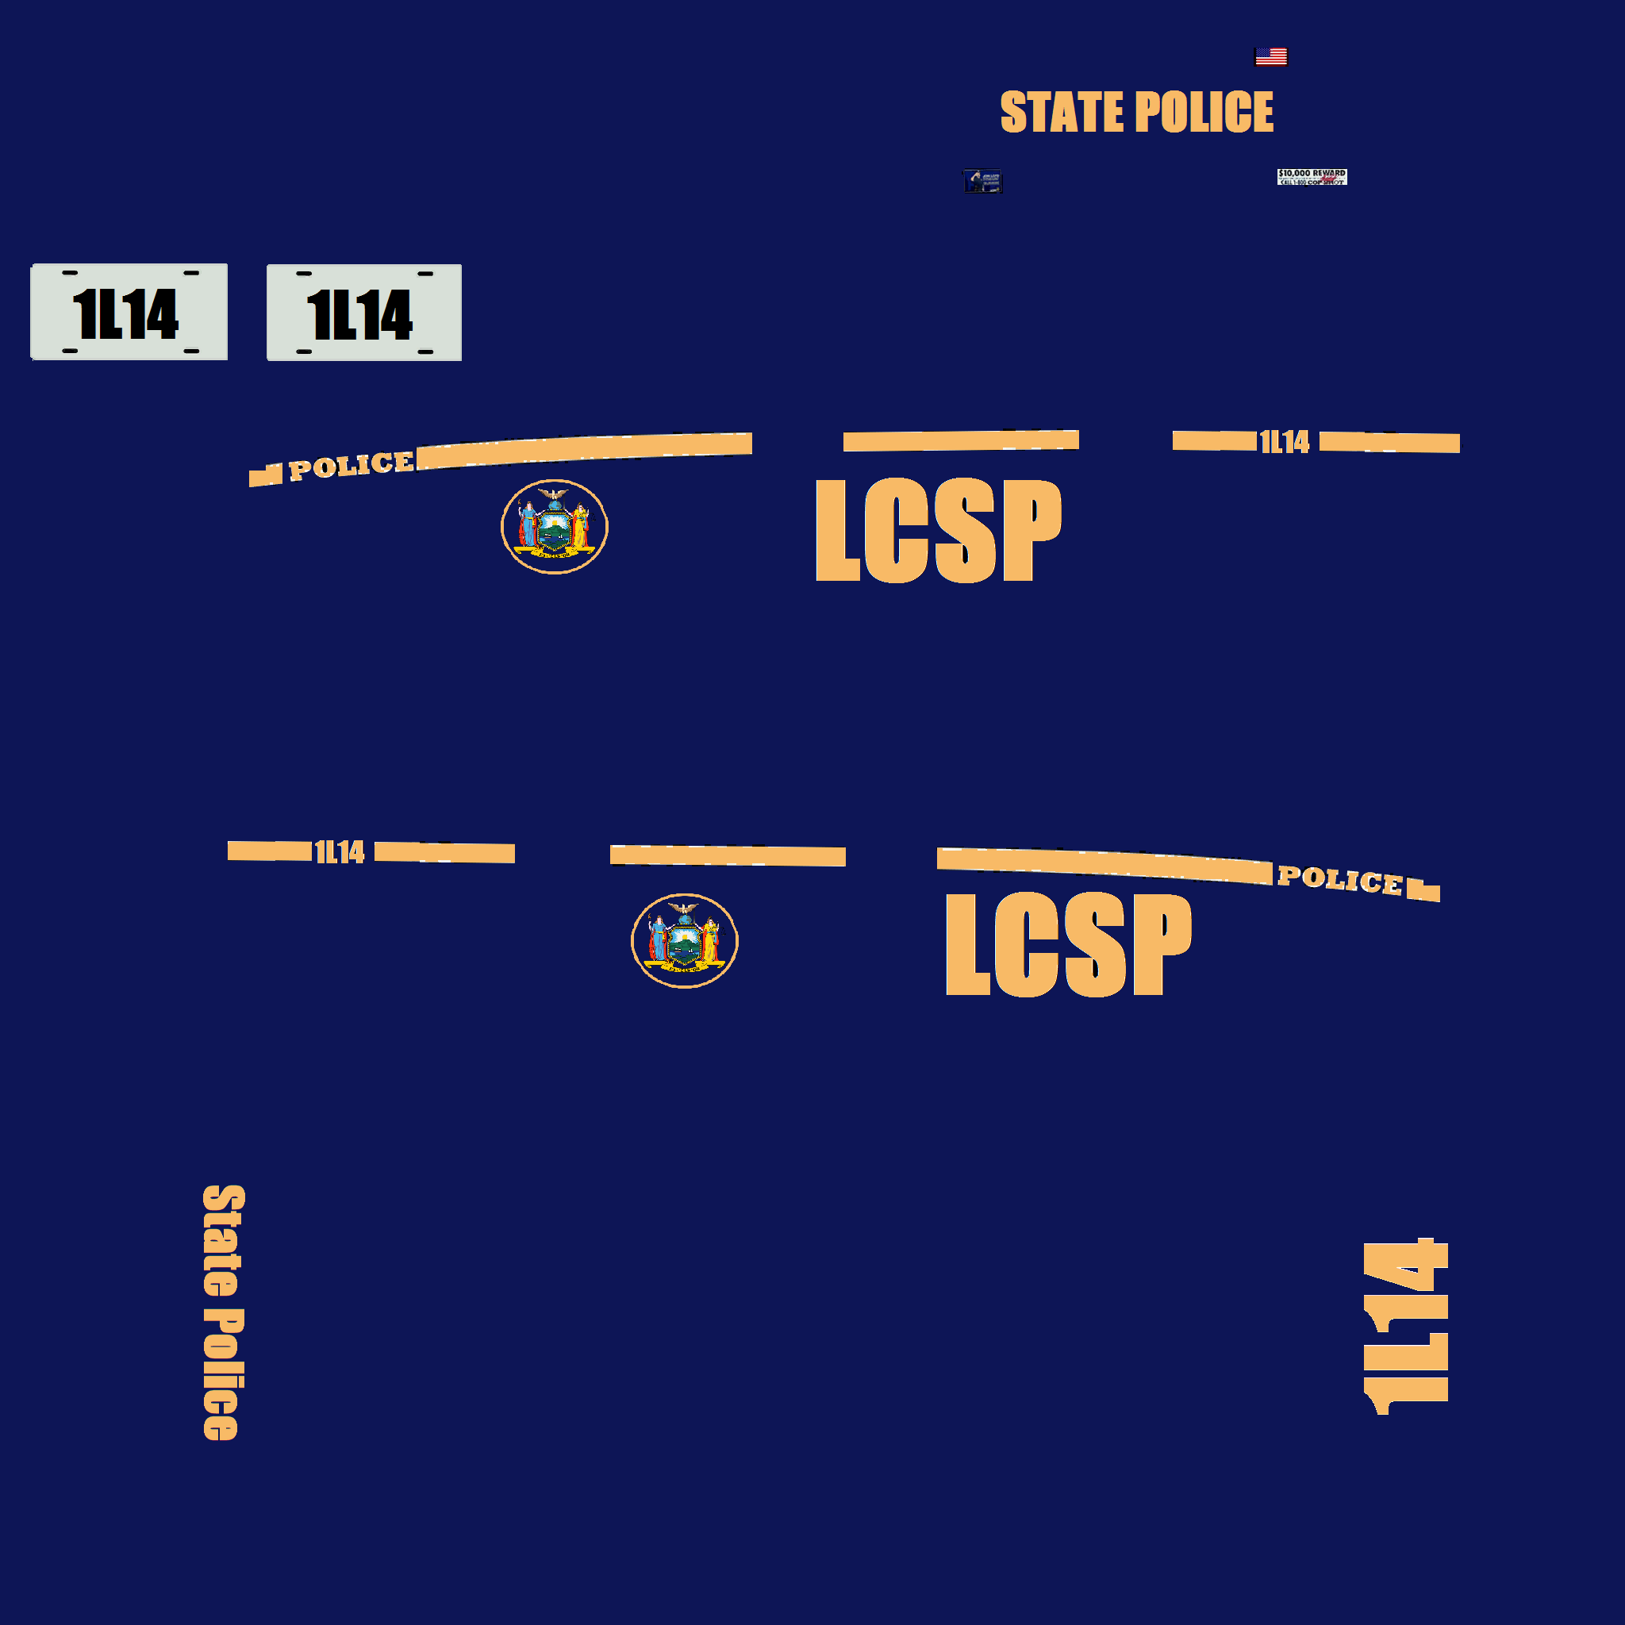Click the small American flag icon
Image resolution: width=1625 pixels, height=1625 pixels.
tap(1270, 56)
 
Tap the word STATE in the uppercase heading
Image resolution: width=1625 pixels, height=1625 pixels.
tap(1062, 112)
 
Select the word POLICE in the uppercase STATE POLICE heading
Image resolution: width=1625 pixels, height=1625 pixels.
tap(1204, 112)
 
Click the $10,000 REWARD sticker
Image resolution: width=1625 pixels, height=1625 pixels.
tap(1312, 177)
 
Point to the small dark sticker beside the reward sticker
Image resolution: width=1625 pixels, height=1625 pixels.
tap(982, 181)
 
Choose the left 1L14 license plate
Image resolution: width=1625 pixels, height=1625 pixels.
tap(129, 312)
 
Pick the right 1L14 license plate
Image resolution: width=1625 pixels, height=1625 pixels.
tap(363, 313)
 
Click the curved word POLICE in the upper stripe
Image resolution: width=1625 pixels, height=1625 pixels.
tap(351, 466)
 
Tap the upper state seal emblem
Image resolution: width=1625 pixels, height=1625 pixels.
tap(555, 527)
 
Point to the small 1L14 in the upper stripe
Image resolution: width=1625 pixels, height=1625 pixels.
tap(1285, 442)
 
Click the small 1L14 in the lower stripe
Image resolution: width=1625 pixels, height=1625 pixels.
tap(339, 852)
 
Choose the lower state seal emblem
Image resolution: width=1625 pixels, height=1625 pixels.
tap(684, 940)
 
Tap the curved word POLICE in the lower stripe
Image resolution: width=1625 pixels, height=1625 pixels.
tap(1339, 879)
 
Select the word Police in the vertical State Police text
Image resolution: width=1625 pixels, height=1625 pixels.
tap(222, 1373)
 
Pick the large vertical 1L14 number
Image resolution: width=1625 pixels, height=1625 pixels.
tap(1405, 1327)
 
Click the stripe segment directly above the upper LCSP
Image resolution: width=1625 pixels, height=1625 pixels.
tap(961, 440)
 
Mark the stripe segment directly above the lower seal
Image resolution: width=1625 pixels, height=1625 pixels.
tap(728, 855)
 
